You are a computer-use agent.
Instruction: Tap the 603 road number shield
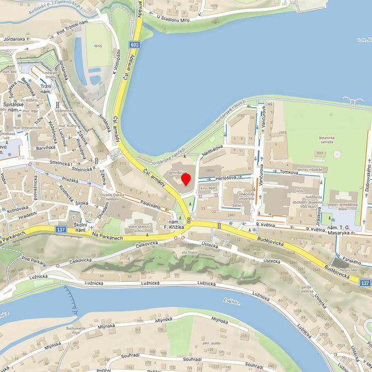134,45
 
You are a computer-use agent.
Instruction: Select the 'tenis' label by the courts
98,45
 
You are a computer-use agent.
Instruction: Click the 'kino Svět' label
208,188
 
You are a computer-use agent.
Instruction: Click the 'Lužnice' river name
231,303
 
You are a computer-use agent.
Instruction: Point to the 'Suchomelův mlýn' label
75,330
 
